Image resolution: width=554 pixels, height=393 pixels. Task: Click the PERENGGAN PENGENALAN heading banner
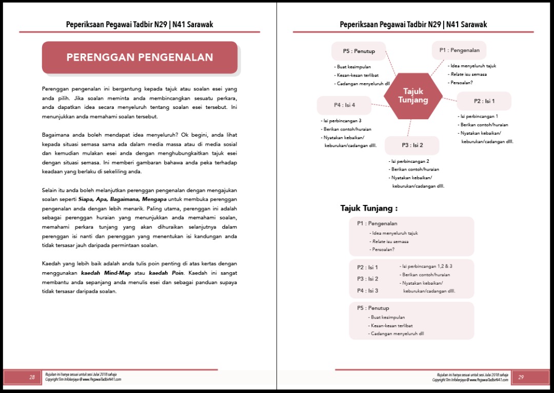click(140, 58)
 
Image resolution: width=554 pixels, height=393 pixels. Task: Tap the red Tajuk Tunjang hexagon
click(413, 96)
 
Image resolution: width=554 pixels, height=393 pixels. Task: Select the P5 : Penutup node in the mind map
click(359, 51)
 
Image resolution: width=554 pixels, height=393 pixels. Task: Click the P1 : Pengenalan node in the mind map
click(459, 50)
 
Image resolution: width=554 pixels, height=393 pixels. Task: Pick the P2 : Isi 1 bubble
click(484, 101)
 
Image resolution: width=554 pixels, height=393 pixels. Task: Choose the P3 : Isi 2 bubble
click(412, 145)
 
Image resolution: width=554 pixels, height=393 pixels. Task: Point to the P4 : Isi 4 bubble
click(344, 105)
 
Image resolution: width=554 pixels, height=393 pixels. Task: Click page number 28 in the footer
click(32, 377)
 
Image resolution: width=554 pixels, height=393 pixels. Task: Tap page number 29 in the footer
click(521, 377)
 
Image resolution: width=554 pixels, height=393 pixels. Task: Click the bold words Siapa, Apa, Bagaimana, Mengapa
click(122, 199)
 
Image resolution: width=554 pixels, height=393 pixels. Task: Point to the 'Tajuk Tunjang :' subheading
click(369, 208)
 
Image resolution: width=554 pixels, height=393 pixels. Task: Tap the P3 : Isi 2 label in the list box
click(368, 279)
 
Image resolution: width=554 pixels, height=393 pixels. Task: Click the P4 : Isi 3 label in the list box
click(368, 291)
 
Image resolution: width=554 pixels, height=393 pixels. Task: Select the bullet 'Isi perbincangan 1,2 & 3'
click(427, 266)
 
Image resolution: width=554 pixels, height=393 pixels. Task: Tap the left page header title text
click(140, 24)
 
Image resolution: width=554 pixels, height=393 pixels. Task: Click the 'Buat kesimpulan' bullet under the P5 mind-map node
click(352, 67)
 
